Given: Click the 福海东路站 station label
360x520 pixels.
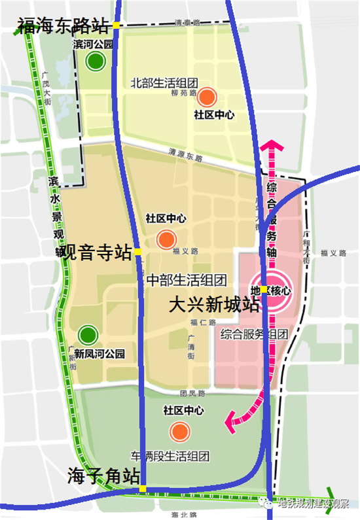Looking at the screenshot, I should click(x=62, y=27).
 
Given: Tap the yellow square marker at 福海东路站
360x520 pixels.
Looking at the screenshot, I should click(x=116, y=26).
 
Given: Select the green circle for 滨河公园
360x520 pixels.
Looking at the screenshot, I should click(x=96, y=62).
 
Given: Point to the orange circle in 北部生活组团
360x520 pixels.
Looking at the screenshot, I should click(x=207, y=97).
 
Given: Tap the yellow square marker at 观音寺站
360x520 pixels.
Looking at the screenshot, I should click(x=138, y=252).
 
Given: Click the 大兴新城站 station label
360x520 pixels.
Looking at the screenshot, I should click(x=213, y=305).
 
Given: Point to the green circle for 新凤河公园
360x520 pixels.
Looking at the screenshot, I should click(x=88, y=336).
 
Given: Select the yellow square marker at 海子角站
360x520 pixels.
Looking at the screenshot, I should click(x=143, y=489).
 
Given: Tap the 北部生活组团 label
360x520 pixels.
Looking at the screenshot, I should click(x=164, y=83).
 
